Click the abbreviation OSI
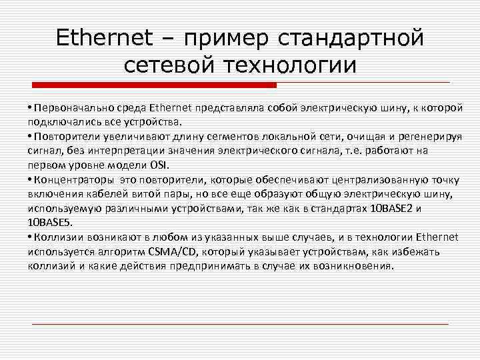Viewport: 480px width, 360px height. (x=158, y=165)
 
